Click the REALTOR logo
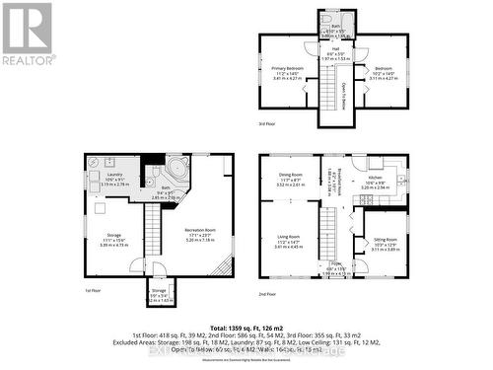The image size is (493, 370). (27, 34)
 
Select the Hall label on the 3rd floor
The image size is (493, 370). (335, 52)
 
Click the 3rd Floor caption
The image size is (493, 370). (265, 124)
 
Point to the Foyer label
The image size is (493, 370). (335, 263)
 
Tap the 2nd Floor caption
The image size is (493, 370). (265, 293)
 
